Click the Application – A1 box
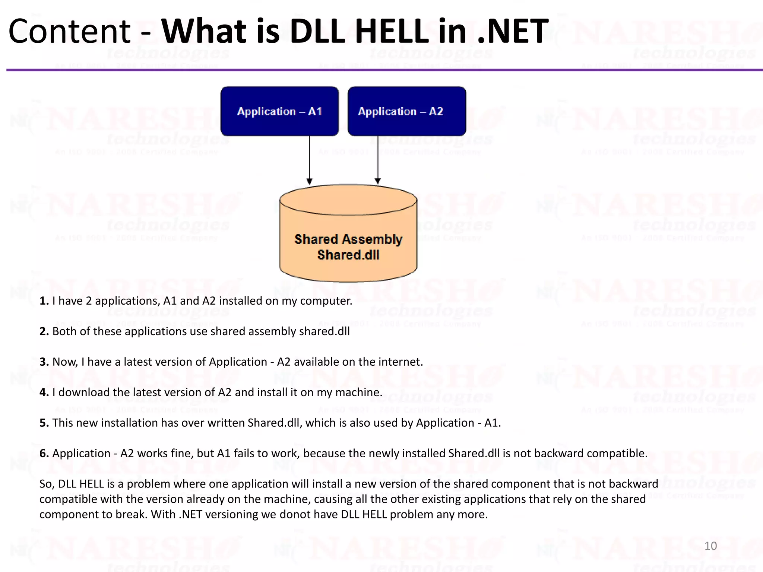point(279,111)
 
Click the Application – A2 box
point(406,111)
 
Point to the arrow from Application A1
point(309,160)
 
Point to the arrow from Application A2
point(377,160)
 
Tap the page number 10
point(710,546)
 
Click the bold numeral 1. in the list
point(44,301)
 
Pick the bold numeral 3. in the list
point(44,362)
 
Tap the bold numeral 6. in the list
point(44,454)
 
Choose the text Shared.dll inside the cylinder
point(348,255)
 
